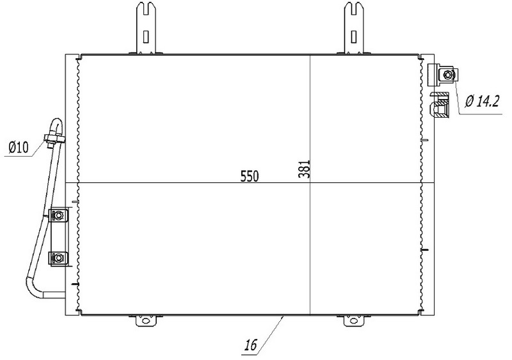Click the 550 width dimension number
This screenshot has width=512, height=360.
pyautogui.click(x=250, y=176)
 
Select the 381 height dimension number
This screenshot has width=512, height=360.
pyautogui.click(x=303, y=169)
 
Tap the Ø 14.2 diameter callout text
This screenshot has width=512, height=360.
pyautogui.click(x=483, y=102)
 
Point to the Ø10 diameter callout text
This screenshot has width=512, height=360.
pyautogui.click(x=19, y=147)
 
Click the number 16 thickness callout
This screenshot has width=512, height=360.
pyautogui.click(x=251, y=345)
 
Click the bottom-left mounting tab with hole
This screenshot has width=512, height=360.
pyautogui.click(x=146, y=320)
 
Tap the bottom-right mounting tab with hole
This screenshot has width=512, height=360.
pyautogui.click(x=354, y=320)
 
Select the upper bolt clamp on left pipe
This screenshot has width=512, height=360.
pyautogui.click(x=58, y=215)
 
